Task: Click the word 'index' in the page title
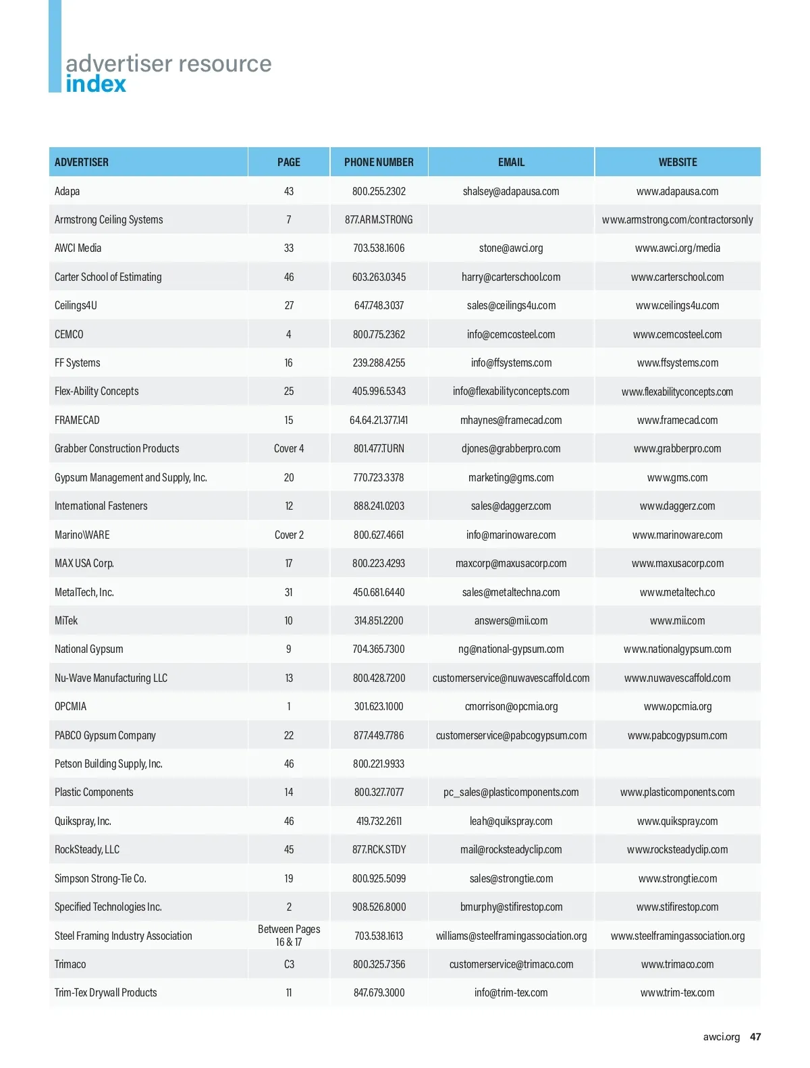point(96,84)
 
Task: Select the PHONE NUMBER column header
point(379,162)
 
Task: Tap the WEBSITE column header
point(678,162)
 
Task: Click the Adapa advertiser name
point(67,191)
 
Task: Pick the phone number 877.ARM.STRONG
point(379,219)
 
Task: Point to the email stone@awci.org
point(511,248)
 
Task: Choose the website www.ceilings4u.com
point(678,305)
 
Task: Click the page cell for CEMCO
point(289,334)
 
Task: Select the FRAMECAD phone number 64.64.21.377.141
point(379,420)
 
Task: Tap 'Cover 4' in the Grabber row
point(289,448)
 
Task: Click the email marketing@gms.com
point(511,477)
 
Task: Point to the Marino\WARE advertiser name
point(82,535)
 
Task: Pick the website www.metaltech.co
point(678,592)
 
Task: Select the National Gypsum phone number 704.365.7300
point(379,649)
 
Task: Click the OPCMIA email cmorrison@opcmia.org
point(511,706)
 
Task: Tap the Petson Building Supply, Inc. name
point(109,764)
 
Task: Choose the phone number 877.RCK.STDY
point(379,849)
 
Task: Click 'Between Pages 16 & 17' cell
point(289,936)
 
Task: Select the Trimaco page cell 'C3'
point(289,964)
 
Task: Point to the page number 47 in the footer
point(755,1037)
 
